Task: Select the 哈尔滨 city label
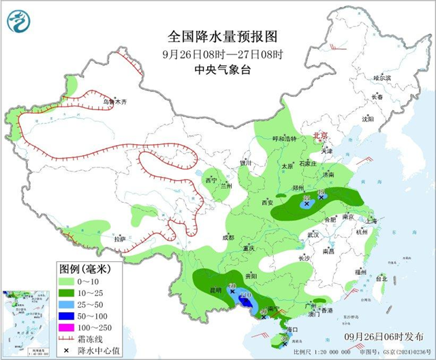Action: tap(383, 78)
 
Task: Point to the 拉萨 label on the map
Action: tap(120, 239)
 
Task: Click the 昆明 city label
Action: tap(215, 290)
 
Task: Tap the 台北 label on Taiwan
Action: tap(381, 278)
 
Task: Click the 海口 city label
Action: tap(294, 329)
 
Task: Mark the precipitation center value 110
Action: tap(245, 295)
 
